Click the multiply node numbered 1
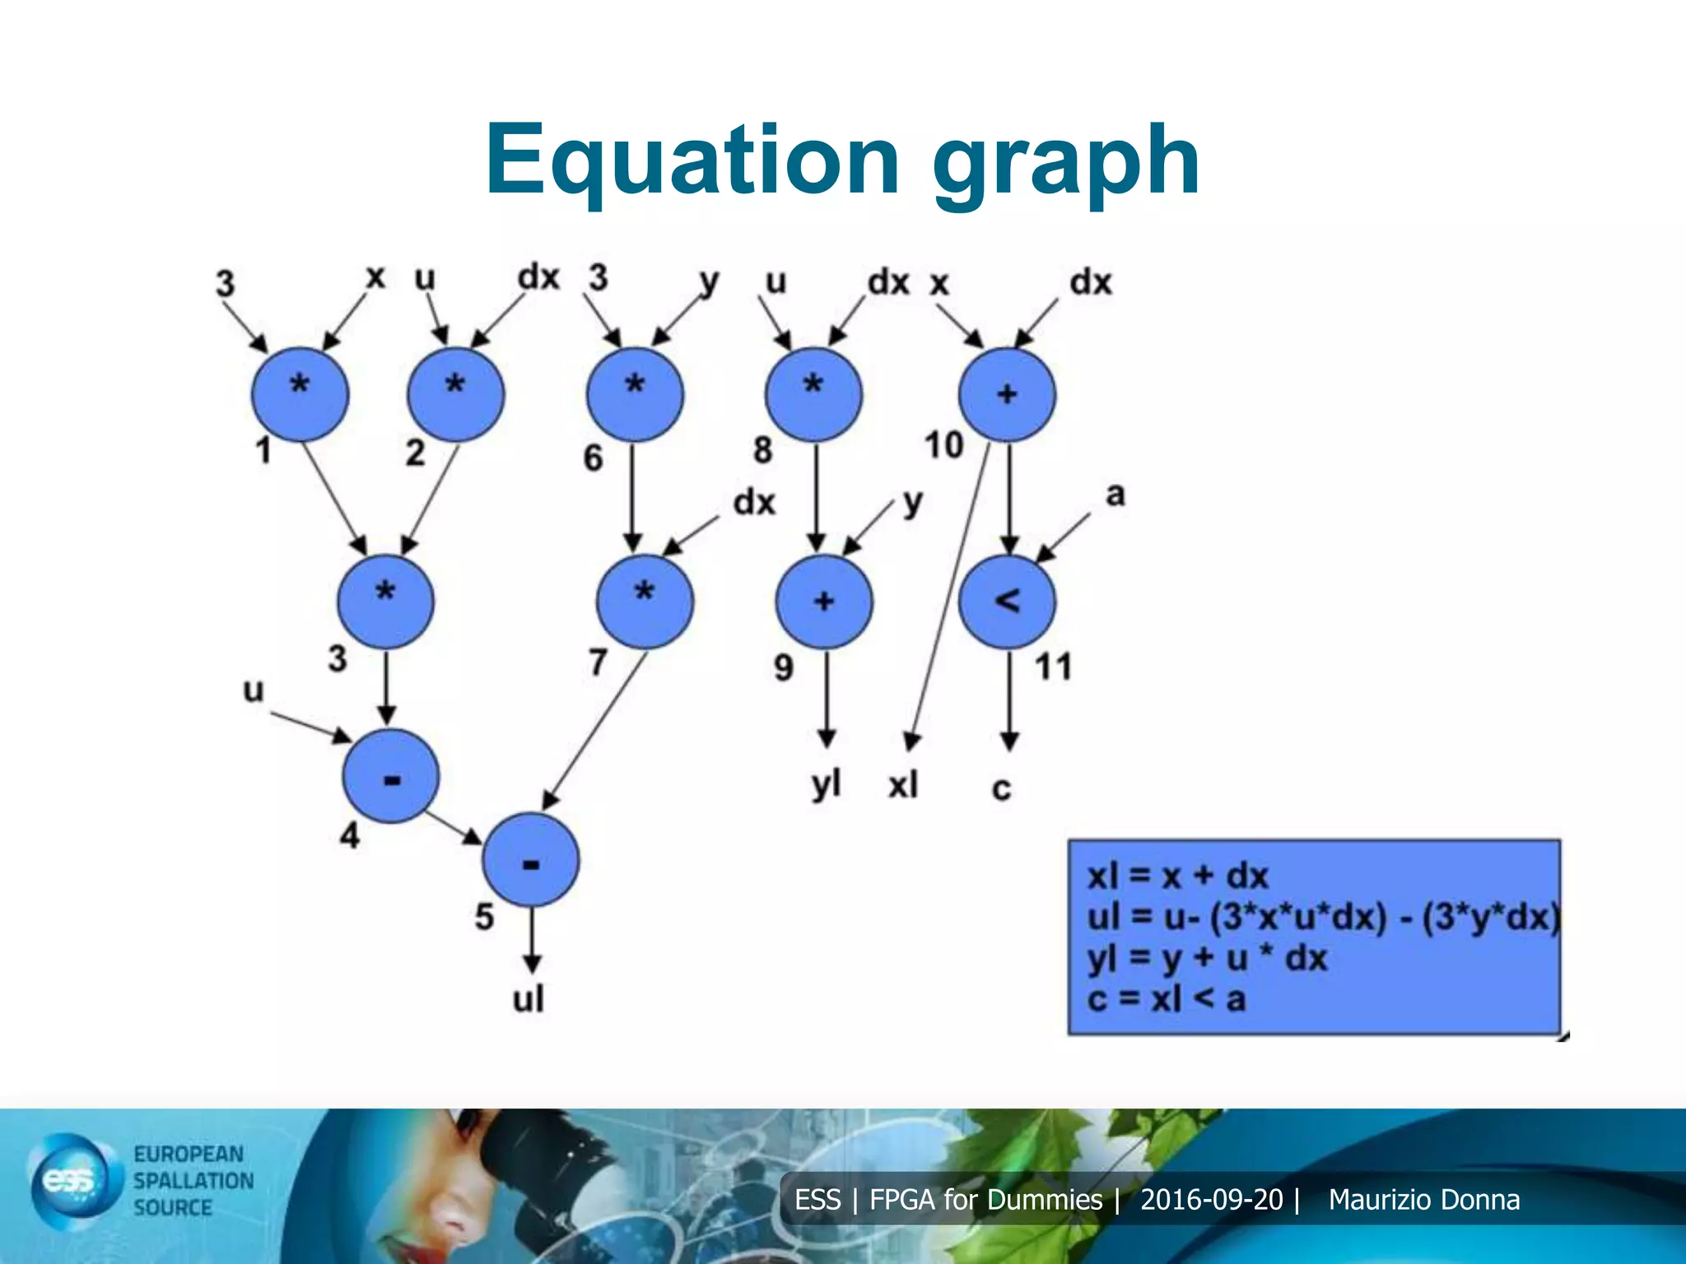click(x=300, y=396)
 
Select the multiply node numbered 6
click(x=635, y=395)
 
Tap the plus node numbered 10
click(x=1007, y=395)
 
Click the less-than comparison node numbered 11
click(x=1007, y=602)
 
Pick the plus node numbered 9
click(x=824, y=602)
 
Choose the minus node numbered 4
click(x=391, y=777)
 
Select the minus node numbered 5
click(x=531, y=861)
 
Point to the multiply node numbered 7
click(x=645, y=602)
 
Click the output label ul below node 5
click(x=529, y=999)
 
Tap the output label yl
click(x=826, y=784)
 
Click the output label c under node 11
click(x=1001, y=788)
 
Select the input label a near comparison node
click(x=1115, y=495)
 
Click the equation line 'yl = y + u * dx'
click(x=1207, y=959)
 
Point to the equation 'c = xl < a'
click(x=1166, y=1000)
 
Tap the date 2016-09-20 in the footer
click(x=1211, y=1200)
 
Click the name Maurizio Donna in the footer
click(x=1423, y=1200)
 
